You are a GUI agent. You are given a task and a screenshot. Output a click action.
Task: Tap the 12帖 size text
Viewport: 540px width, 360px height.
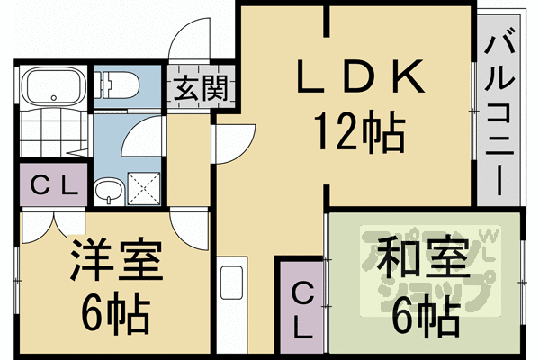click(358, 133)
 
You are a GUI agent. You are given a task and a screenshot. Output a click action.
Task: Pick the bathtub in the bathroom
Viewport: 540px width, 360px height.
click(52, 87)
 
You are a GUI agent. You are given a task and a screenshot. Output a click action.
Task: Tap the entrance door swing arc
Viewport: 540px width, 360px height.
click(189, 40)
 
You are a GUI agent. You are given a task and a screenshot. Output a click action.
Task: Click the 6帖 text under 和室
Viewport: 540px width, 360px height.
click(423, 312)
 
